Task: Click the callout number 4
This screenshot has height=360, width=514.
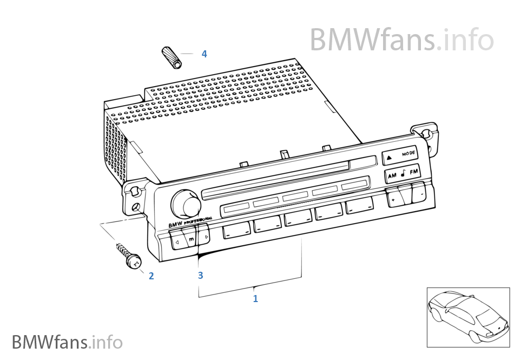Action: coord(204,54)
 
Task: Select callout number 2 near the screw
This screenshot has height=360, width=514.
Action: coord(151,276)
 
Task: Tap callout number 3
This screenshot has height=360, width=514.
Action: coord(200,276)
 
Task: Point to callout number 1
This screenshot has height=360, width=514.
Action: coord(255,298)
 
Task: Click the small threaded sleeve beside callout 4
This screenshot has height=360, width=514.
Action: coord(172,58)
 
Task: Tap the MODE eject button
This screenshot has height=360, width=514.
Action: coord(400,156)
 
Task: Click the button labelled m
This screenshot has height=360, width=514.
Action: coord(190,238)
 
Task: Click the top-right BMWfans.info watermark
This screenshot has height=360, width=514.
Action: coord(401,39)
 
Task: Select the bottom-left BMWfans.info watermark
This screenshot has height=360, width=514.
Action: coord(67,342)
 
